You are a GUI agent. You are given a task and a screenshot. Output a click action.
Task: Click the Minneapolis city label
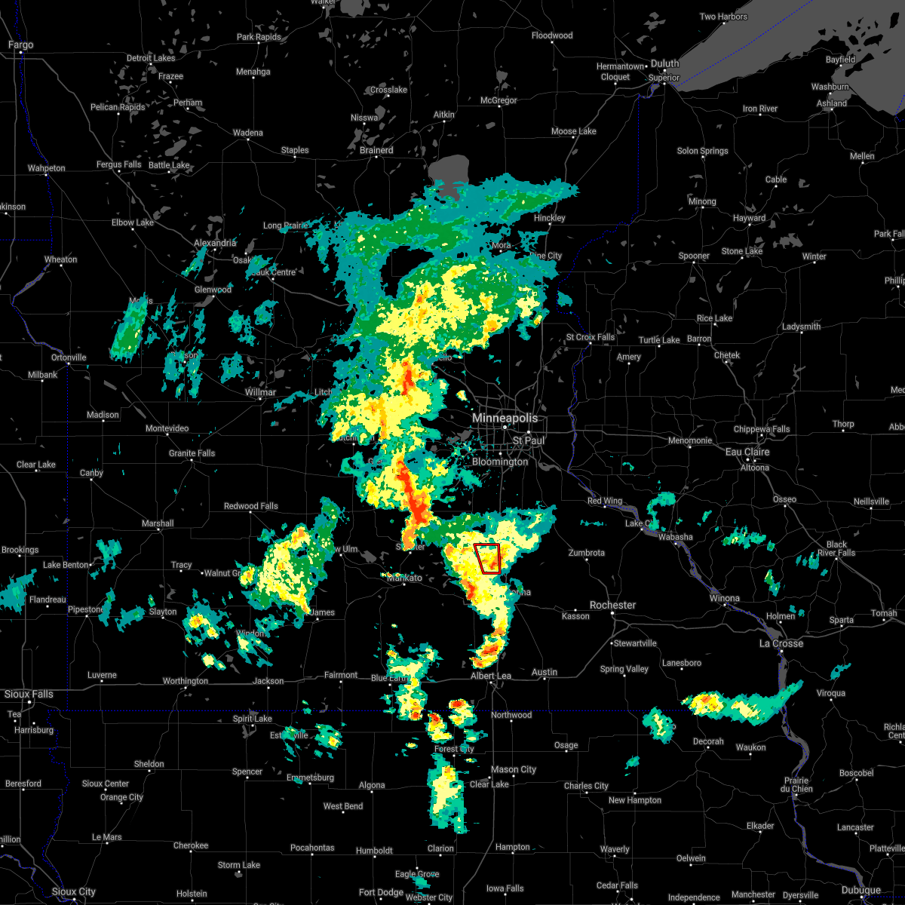point(505,418)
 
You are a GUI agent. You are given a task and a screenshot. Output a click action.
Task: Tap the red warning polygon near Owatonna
point(488,558)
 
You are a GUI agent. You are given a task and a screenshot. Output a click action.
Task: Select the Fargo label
point(20,45)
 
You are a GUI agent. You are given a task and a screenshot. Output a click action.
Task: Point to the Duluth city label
point(665,64)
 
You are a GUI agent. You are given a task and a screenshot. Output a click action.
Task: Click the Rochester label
point(612,605)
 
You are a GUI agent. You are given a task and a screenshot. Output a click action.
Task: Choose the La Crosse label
point(781,643)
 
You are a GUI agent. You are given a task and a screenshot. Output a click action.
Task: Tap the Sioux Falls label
point(29,694)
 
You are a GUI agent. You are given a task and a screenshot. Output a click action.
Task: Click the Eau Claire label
point(747,452)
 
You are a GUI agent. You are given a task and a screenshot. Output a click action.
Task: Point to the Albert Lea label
point(490,676)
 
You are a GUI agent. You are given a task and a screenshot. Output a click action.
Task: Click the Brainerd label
point(376,150)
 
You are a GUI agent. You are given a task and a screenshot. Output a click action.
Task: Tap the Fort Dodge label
point(381,892)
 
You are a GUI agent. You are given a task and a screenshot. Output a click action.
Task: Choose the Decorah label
point(708,741)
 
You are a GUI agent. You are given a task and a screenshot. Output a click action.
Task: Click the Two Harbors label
point(723,17)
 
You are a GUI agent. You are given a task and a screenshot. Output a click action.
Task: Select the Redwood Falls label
point(250,506)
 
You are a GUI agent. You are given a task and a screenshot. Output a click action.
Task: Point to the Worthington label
point(185,681)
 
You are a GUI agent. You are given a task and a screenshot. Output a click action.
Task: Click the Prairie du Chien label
point(796,784)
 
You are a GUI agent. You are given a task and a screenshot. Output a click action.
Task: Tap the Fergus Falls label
point(118,164)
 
